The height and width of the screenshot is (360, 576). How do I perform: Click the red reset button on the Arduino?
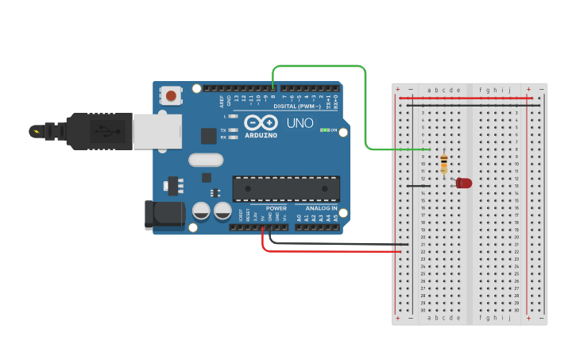[x=171, y=96]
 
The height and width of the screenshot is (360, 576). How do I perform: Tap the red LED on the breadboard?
[x=464, y=183]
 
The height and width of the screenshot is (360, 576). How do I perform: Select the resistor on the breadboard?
[x=443, y=165]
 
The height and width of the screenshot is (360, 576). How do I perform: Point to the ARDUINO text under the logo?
[x=261, y=135]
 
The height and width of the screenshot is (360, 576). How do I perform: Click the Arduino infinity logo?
[x=261, y=123]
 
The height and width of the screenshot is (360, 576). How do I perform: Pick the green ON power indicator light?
[x=325, y=130]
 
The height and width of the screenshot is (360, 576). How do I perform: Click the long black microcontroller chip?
[x=286, y=188]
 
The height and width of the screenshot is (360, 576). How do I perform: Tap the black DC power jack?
[x=163, y=215]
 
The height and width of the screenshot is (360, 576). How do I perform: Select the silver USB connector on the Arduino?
[x=156, y=131]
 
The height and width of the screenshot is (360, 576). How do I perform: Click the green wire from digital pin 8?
[x=365, y=103]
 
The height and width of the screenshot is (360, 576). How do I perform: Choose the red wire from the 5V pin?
[x=334, y=251]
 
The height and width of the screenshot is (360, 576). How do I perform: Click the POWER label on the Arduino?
[x=276, y=208]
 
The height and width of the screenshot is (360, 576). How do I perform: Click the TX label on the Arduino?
[x=223, y=130]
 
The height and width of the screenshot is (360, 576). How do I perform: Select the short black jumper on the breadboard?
[x=419, y=186]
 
